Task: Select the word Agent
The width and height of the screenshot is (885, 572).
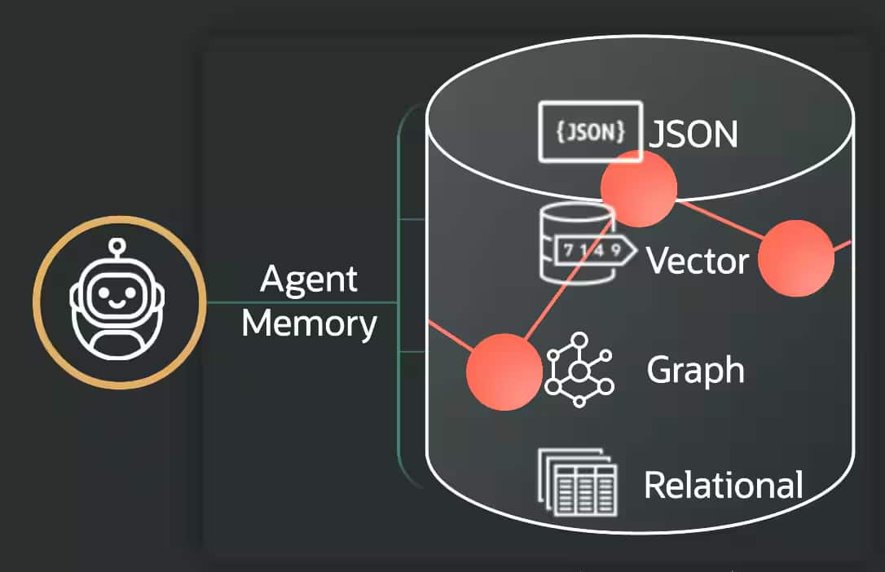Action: [309, 281]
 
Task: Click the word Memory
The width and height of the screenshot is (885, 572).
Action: [309, 323]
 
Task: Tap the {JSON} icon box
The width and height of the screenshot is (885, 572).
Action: [589, 132]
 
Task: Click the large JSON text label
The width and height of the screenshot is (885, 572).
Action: [693, 135]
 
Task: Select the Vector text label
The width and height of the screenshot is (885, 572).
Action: [697, 262]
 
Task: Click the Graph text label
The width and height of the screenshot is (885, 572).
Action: [695, 371]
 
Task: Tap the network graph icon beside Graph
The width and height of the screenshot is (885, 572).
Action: [579, 371]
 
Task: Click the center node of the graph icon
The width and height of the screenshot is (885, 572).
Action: [579, 372]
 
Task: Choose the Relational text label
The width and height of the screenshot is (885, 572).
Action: [723, 485]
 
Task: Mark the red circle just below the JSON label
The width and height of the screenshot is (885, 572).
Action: [639, 188]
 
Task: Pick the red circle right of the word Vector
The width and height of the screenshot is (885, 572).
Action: [796, 258]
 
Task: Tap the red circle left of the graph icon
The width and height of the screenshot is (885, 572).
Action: [504, 372]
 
